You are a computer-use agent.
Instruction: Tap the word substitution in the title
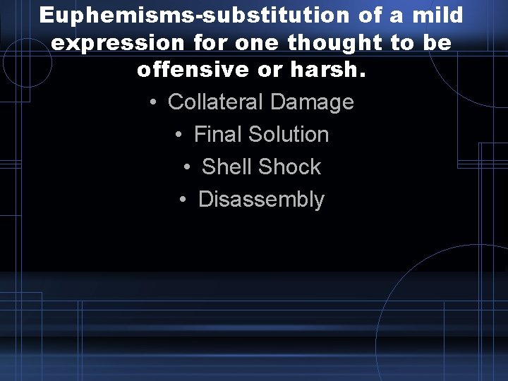[x=262, y=15]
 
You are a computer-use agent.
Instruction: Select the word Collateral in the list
[x=215, y=102]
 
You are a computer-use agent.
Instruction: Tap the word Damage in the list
[x=311, y=102]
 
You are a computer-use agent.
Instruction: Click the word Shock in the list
[x=289, y=167]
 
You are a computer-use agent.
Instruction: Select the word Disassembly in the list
[x=261, y=200]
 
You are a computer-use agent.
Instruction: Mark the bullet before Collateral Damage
[x=154, y=102]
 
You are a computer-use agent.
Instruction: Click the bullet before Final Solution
[x=180, y=135]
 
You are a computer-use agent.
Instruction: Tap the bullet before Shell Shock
[x=188, y=167]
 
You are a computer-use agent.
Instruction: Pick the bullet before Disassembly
[x=183, y=200]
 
